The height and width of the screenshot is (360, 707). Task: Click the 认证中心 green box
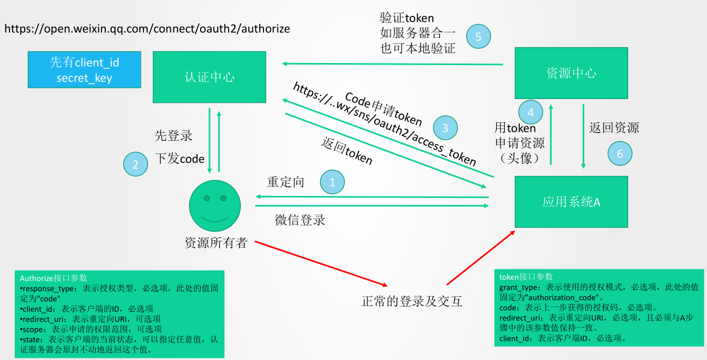click(209, 77)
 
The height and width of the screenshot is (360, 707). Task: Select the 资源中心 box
click(571, 73)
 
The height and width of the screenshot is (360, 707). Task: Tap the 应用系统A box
click(571, 202)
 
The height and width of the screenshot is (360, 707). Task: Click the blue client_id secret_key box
click(84, 70)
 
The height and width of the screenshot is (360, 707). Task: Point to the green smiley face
click(215, 205)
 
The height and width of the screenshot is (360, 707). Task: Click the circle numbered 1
click(332, 182)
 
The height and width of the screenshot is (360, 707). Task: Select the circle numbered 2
click(135, 164)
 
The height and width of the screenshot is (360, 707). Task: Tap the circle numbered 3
click(445, 128)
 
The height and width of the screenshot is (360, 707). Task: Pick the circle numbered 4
click(531, 112)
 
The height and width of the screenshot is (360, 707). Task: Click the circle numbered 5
click(478, 37)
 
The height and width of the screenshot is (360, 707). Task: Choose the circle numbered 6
click(620, 154)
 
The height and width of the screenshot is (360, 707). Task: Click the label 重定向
click(286, 182)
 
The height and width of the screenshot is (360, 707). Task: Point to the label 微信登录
click(300, 220)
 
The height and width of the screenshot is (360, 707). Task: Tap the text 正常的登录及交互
click(412, 302)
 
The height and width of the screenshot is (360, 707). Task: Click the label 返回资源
click(614, 128)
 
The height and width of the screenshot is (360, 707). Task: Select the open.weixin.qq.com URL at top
click(147, 29)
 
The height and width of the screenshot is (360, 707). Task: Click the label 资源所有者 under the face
click(216, 243)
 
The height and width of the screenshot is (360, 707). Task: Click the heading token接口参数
click(526, 276)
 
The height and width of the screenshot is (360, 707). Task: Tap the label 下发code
click(180, 158)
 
